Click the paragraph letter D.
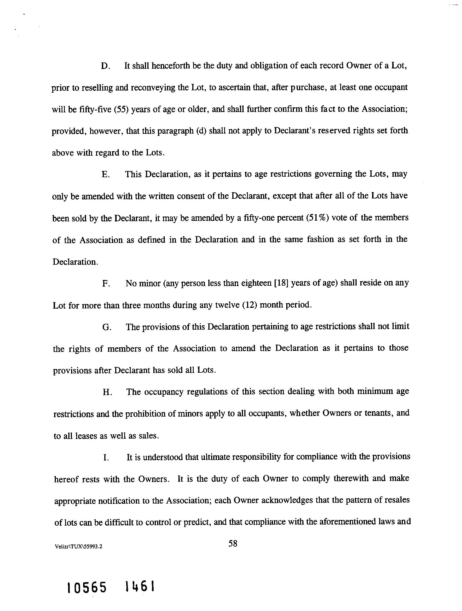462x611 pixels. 105,67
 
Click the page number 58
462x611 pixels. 233,544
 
